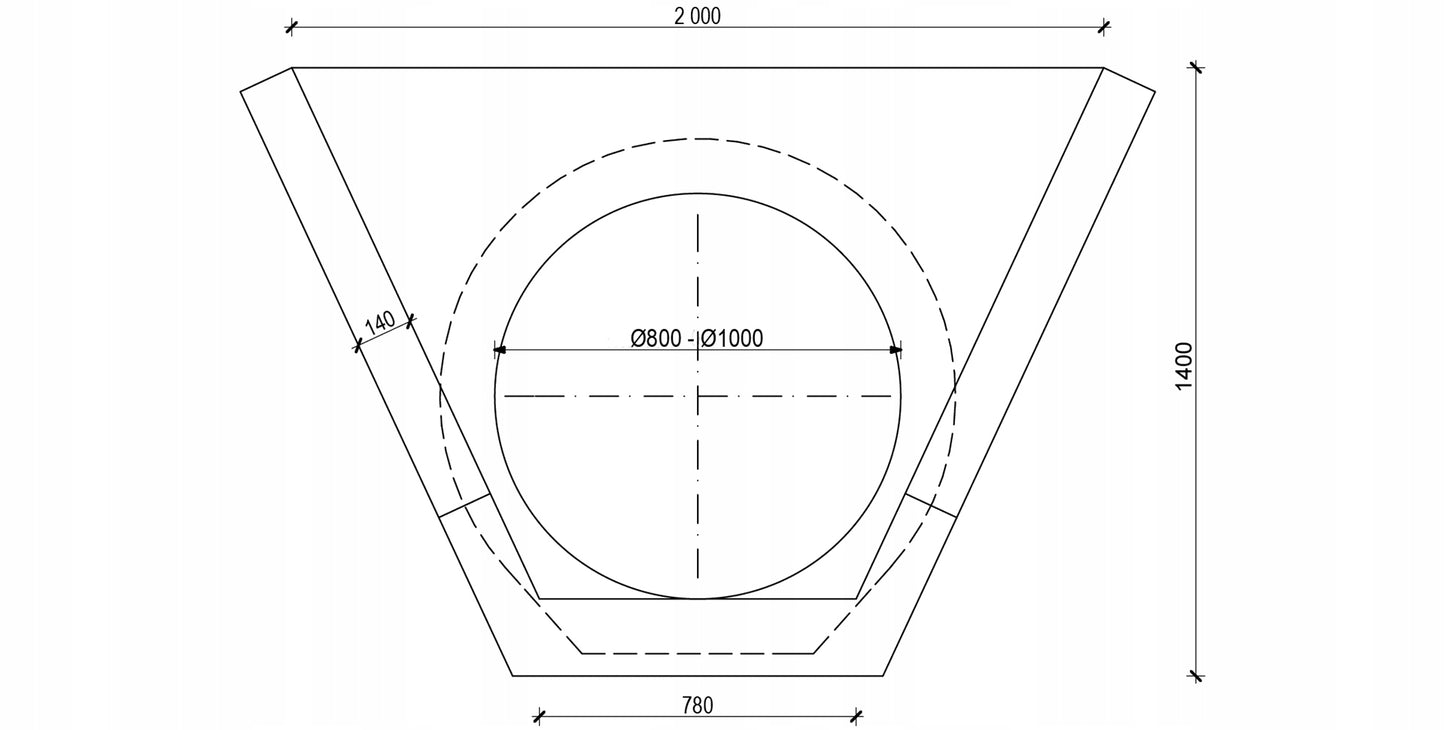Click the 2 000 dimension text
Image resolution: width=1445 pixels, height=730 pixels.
pyautogui.click(x=697, y=16)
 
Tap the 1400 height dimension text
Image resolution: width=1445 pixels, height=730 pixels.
pyautogui.click(x=1184, y=366)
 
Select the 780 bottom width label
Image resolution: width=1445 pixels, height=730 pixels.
pyautogui.click(x=697, y=705)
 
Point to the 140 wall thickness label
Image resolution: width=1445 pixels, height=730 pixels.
pyautogui.click(x=380, y=322)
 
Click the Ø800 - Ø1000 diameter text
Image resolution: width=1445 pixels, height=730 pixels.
pyautogui.click(x=697, y=338)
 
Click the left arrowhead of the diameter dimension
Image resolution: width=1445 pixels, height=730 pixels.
pyautogui.click(x=499, y=350)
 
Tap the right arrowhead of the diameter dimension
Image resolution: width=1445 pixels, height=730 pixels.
pyautogui.click(x=895, y=350)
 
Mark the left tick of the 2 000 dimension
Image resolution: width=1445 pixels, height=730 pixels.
pyautogui.click(x=292, y=27)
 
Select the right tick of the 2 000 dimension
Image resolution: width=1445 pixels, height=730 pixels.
pyautogui.click(x=1104, y=27)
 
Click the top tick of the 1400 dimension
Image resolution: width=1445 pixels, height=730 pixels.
pyautogui.click(x=1197, y=67)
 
